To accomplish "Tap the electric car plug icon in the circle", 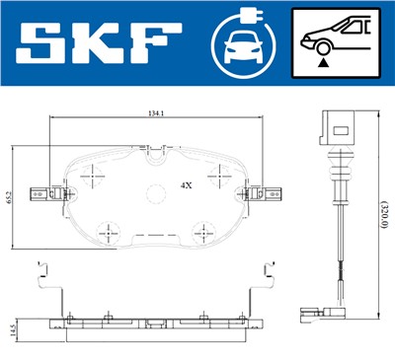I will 243,42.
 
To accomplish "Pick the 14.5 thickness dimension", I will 13,328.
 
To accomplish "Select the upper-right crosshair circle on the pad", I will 210,174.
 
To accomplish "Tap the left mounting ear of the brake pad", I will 41,189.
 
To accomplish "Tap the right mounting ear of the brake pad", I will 268,189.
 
